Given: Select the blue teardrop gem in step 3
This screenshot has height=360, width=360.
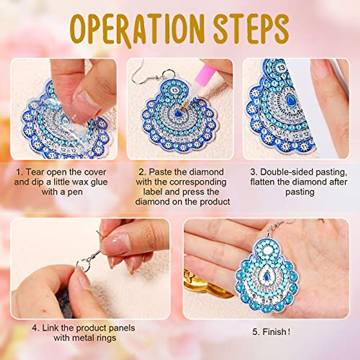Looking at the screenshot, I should [290, 99].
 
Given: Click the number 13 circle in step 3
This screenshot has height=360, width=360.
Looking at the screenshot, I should [281, 68].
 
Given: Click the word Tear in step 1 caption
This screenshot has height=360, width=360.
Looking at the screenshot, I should [35, 172].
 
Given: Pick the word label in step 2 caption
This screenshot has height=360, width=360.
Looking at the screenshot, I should [154, 192].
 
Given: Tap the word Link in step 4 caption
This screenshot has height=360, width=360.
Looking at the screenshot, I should [50, 328].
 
